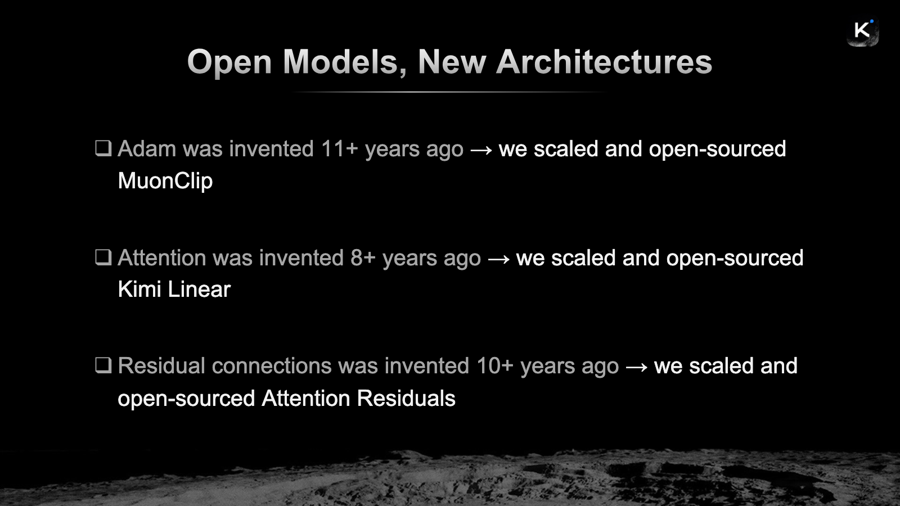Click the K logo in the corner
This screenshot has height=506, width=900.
pyautogui.click(x=863, y=31)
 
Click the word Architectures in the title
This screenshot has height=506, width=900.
pyautogui.click(x=604, y=62)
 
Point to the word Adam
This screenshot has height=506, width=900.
pyautogui.click(x=147, y=148)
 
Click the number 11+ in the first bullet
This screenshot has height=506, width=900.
pyautogui.click(x=340, y=148)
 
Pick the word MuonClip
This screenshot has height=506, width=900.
pyautogui.click(x=165, y=181)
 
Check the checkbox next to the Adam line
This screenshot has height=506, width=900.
pyautogui.click(x=103, y=148)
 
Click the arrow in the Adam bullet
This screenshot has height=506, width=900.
pyautogui.click(x=481, y=150)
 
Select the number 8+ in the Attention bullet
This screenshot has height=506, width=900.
pyautogui.click(x=363, y=257)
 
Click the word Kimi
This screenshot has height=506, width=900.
pyautogui.click(x=139, y=289)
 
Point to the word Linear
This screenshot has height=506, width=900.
pyautogui.click(x=199, y=289)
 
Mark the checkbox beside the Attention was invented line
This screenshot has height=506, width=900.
pyautogui.click(x=103, y=257)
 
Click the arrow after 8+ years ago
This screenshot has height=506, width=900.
pyautogui.click(x=498, y=259)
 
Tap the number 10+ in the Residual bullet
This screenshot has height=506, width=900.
pyautogui.click(x=495, y=366)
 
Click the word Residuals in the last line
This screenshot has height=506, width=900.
pyautogui.click(x=406, y=399)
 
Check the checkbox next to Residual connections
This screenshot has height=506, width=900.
pyautogui.click(x=103, y=365)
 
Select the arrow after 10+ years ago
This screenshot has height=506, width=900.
pyautogui.click(x=636, y=367)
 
